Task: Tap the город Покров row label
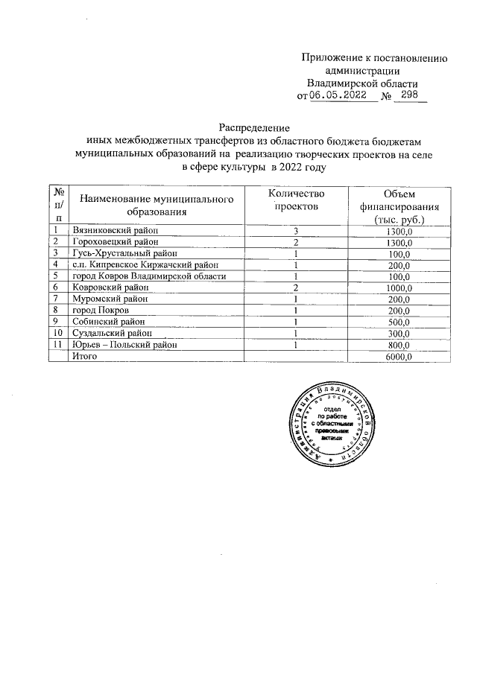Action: tap(101, 309)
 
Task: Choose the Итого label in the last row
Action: tap(83, 356)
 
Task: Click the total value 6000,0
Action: tap(398, 356)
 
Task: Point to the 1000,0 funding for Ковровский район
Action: tap(398, 287)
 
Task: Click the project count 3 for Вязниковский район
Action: tap(296, 231)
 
